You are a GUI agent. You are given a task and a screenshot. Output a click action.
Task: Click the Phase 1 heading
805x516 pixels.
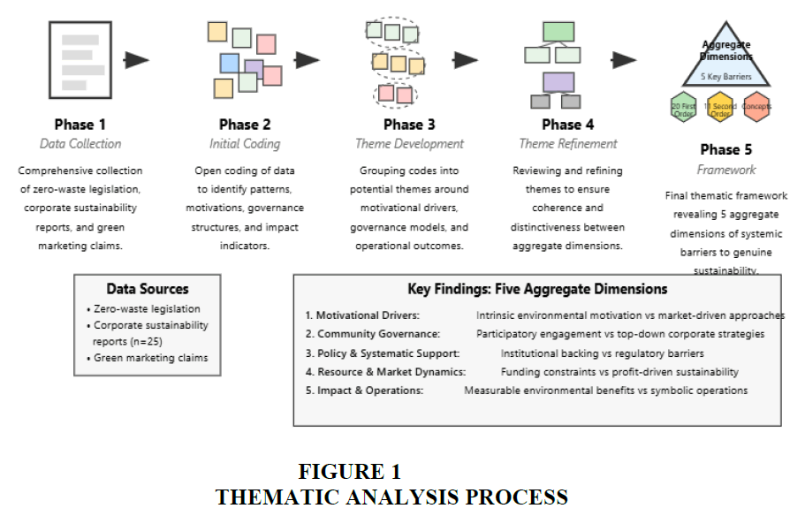[x=80, y=125]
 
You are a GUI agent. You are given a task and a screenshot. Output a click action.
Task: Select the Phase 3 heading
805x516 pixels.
[x=409, y=125]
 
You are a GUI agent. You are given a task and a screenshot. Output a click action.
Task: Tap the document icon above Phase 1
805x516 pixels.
[x=80, y=60]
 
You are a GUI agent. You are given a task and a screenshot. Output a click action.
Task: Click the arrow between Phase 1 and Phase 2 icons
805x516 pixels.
[x=137, y=60]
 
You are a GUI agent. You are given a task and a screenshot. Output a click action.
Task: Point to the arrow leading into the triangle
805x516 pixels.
[x=624, y=60]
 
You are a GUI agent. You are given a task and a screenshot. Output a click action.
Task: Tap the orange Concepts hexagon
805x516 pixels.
[x=756, y=107]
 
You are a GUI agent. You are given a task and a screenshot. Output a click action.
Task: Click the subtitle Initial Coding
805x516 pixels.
[x=245, y=144]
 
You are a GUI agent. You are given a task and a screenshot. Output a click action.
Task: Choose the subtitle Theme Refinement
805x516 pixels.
[x=568, y=144]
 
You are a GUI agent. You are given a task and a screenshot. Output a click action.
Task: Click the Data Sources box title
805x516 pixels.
[x=148, y=289]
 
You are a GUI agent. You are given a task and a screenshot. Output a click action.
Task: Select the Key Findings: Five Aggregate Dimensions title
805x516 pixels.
[x=537, y=289]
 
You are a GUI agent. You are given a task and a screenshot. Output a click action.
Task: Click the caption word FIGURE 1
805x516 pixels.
[x=349, y=472]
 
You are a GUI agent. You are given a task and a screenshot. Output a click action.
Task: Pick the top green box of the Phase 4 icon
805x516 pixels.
[x=558, y=32]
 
